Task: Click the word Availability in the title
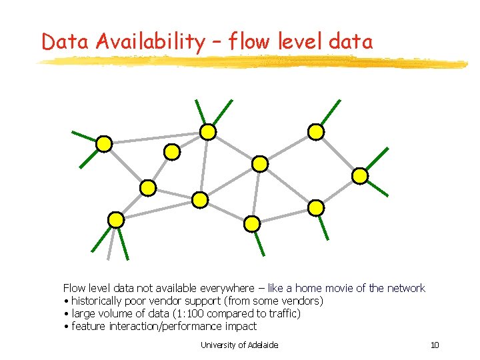pyautogui.click(x=151, y=41)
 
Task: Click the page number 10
pyautogui.click(x=435, y=345)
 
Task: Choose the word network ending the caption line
pyautogui.click(x=405, y=288)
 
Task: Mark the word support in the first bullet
pyautogui.click(x=199, y=301)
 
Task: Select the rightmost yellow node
pyautogui.click(x=360, y=176)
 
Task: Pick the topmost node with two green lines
pyautogui.click(x=209, y=132)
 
